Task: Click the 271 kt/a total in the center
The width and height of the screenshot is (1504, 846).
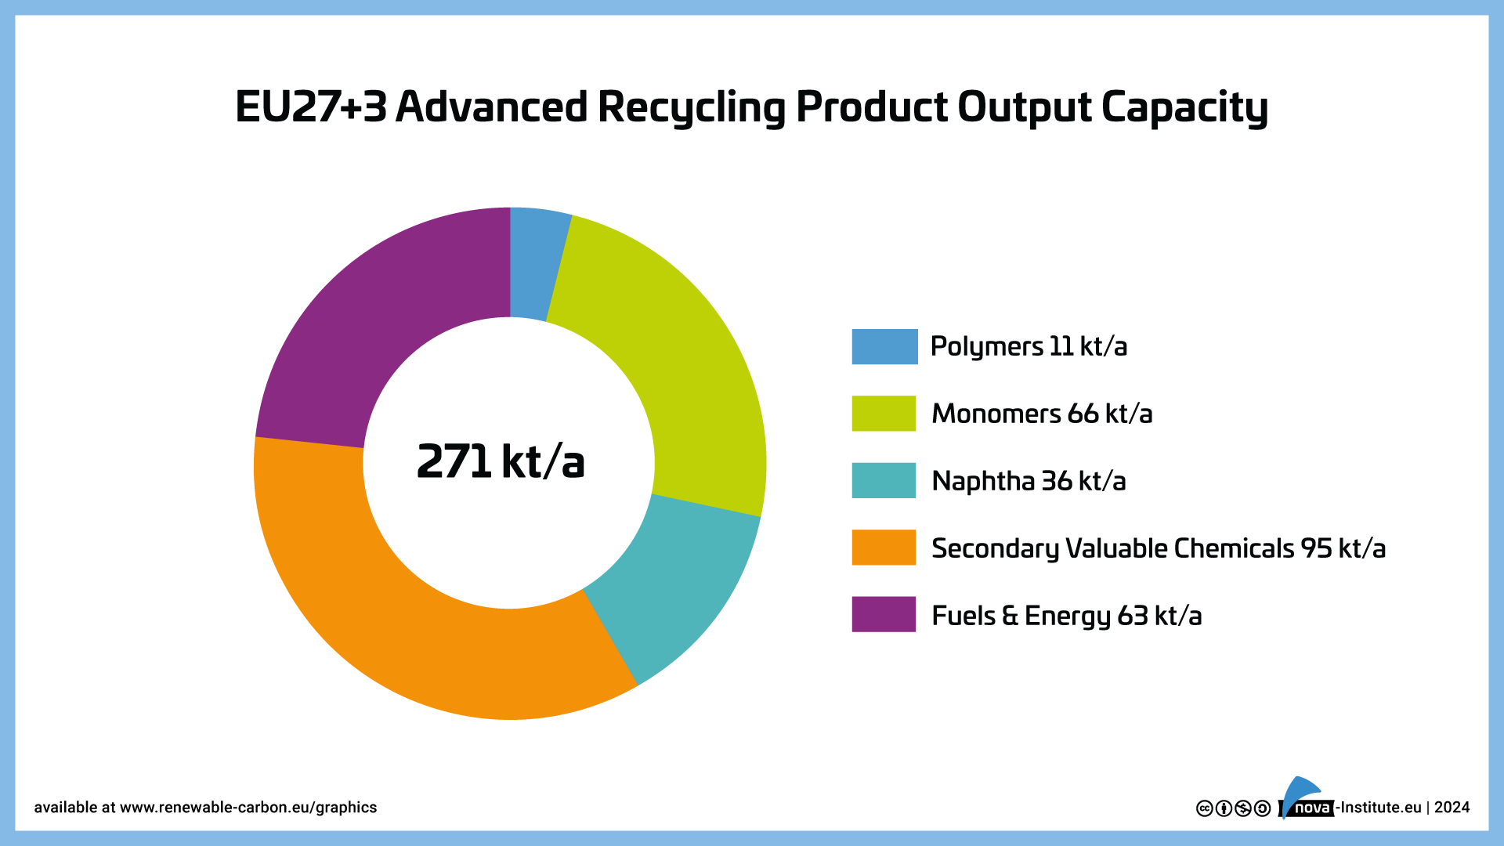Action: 501,461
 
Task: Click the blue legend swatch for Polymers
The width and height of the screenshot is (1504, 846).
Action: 884,346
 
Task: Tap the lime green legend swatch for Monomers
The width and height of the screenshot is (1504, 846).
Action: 884,414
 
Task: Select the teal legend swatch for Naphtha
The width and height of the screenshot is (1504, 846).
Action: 884,480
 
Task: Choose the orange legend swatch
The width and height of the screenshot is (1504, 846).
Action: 884,548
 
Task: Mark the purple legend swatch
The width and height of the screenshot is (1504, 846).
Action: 884,614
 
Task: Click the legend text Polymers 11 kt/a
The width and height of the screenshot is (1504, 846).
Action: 1028,346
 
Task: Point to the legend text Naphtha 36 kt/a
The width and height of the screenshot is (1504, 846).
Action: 1028,481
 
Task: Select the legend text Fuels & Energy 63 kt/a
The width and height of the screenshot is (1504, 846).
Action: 1066,616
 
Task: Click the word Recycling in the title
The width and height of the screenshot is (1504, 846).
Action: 691,107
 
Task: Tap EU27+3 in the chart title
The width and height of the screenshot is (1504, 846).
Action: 311,107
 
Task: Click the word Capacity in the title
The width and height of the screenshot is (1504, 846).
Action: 1184,107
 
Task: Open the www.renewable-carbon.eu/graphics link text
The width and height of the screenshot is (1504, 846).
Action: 248,808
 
